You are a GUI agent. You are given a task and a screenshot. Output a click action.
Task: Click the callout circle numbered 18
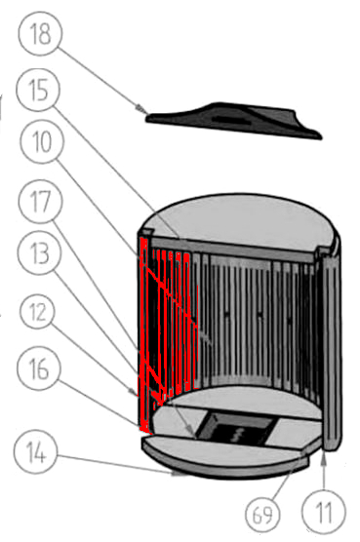41,33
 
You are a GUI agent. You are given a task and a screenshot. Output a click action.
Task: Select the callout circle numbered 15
38,90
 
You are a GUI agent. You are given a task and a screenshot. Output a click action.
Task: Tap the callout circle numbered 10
42,141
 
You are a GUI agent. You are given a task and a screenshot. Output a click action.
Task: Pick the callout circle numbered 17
41,201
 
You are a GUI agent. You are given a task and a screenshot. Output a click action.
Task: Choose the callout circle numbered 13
40,252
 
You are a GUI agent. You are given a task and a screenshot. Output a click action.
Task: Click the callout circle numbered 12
37,312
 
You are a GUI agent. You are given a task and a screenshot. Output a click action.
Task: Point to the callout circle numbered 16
39,368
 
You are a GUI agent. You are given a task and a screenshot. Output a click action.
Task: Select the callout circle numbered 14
36,452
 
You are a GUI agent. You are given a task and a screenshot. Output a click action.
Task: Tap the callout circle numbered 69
262,515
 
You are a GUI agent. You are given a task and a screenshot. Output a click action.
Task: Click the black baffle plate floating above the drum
234,120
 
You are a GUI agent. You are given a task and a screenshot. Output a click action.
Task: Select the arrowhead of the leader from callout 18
141,109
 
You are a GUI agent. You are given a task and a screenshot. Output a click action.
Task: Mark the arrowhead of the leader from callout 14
180,474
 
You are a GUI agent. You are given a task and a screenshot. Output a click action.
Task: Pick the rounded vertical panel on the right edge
332,349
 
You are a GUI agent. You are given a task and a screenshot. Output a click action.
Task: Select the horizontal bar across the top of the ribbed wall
231,249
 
